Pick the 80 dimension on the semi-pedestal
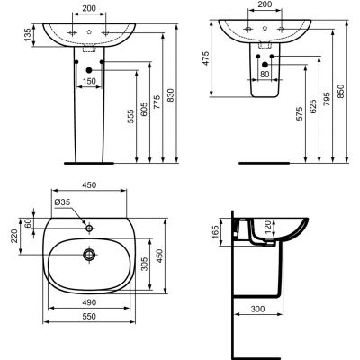264,74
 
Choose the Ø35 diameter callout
62,203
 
